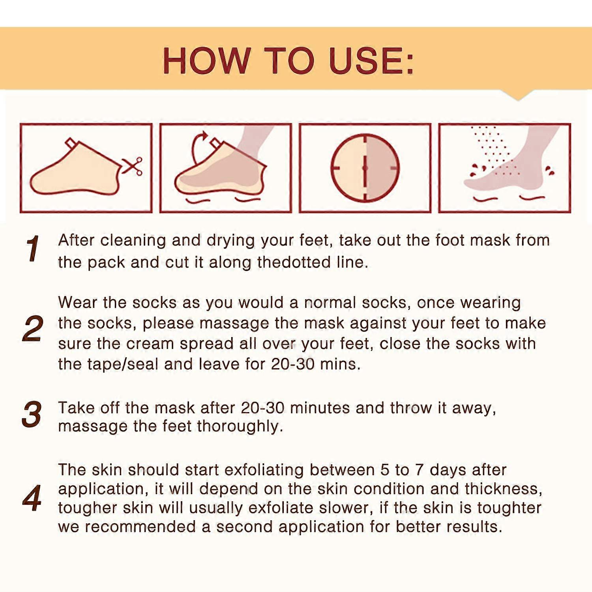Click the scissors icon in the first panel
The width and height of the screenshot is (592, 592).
(133, 166)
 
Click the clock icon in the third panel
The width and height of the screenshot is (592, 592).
(365, 168)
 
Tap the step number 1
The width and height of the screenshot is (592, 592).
(32, 249)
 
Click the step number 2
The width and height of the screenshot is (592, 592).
(32, 329)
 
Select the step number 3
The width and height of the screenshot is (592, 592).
(32, 414)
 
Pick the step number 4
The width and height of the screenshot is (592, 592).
(32, 498)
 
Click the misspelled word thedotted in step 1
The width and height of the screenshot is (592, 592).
(294, 262)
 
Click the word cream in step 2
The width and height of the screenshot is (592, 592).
(150, 343)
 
